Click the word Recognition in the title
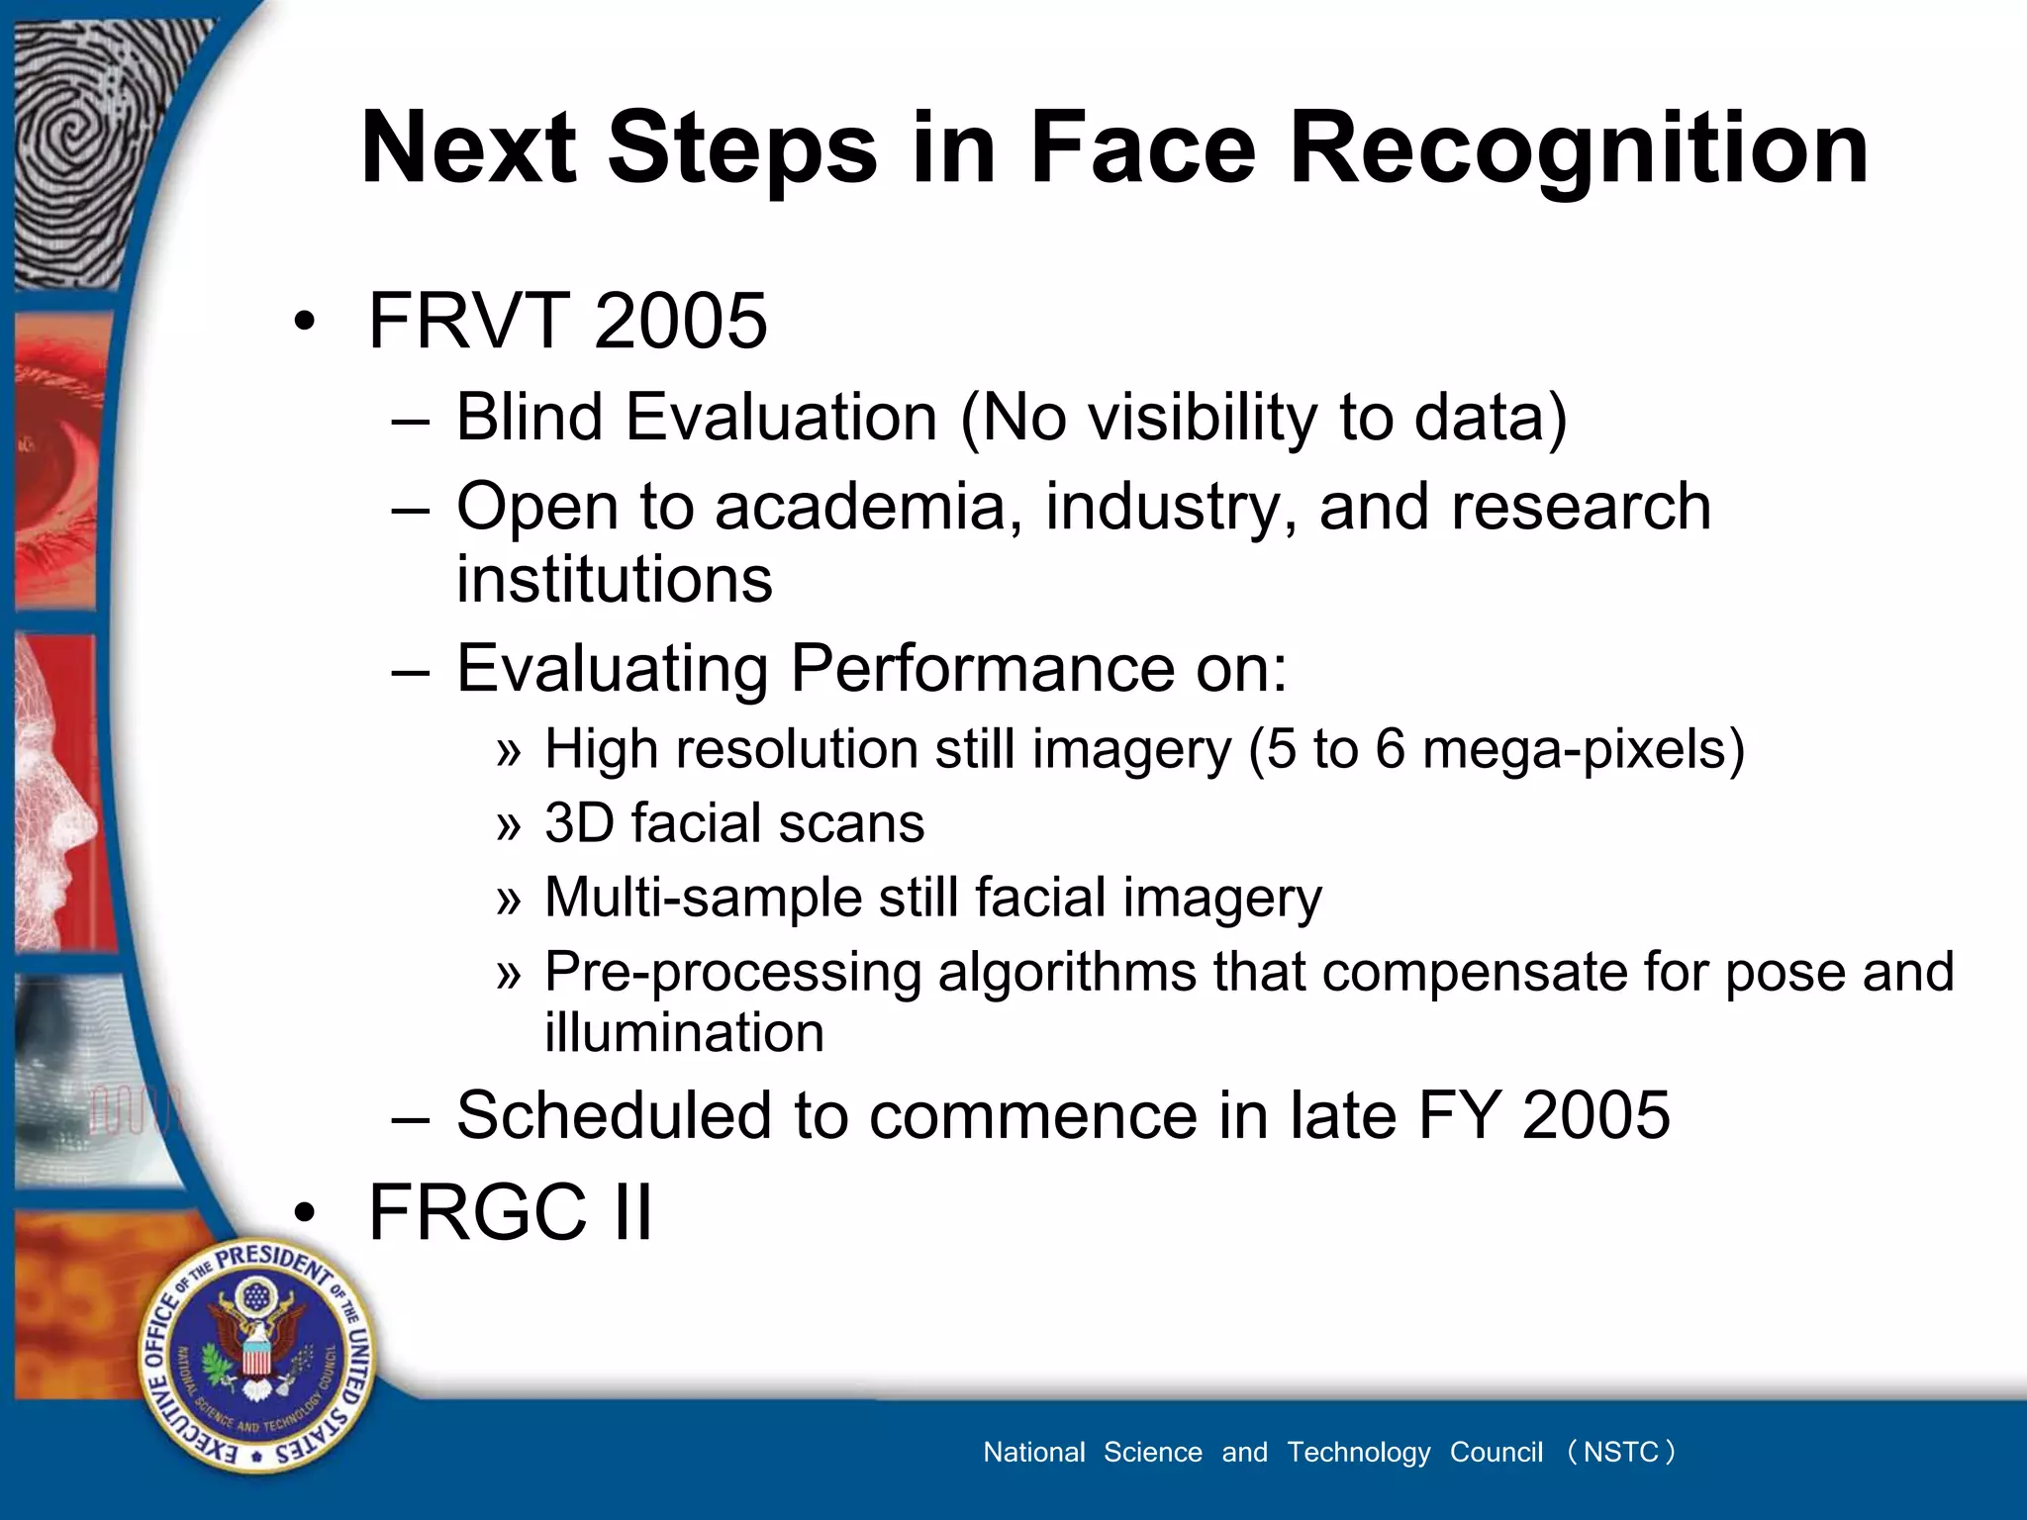click(x=1579, y=148)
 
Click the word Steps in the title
click(x=741, y=148)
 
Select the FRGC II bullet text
click(x=510, y=1212)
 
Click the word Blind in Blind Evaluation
click(x=529, y=417)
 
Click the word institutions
click(x=614, y=579)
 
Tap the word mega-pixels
click(x=1583, y=749)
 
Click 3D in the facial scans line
click(x=579, y=823)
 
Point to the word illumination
click(x=684, y=1033)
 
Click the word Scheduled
click(x=615, y=1115)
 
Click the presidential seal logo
click(x=257, y=1355)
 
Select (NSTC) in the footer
click(x=1620, y=1452)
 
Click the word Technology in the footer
click(x=1358, y=1452)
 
